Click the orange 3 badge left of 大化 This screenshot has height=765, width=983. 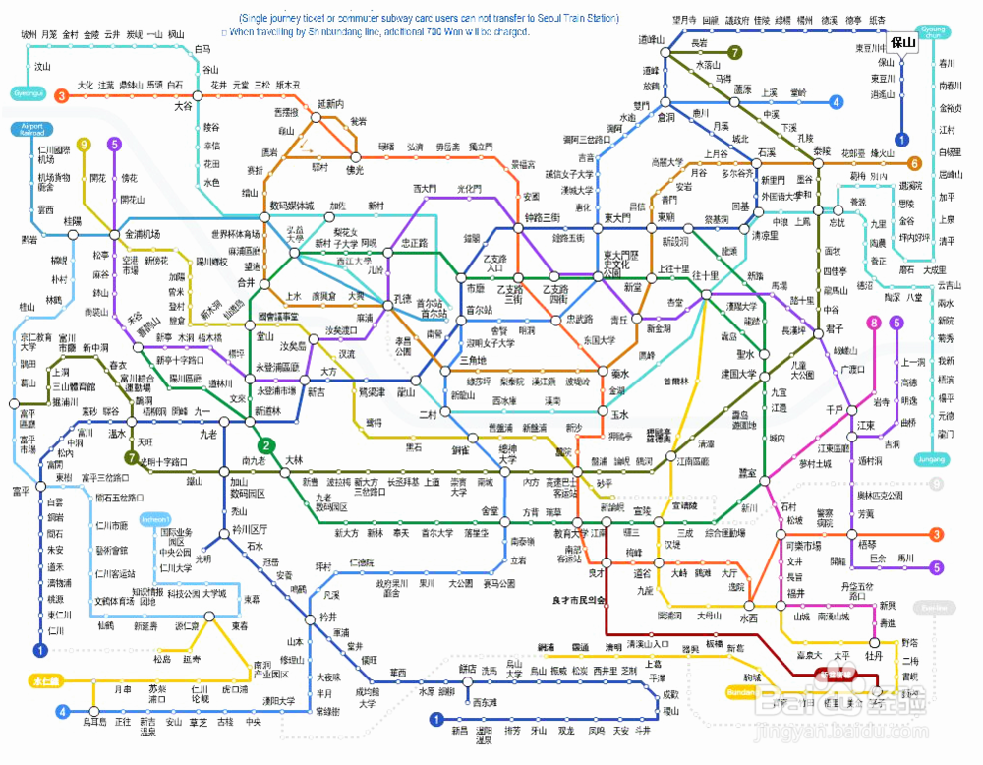coord(61,95)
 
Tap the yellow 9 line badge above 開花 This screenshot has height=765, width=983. coord(85,145)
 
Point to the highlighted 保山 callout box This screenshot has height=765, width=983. coord(902,42)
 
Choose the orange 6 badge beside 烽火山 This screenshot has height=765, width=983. coord(914,164)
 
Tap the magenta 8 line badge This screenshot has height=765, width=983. coord(872,323)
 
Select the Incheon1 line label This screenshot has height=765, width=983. coord(155,519)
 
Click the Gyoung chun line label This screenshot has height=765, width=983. coord(931,31)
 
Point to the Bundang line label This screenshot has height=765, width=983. coord(741,692)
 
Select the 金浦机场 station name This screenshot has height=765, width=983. coord(142,234)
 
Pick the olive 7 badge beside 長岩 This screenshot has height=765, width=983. coord(734,52)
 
